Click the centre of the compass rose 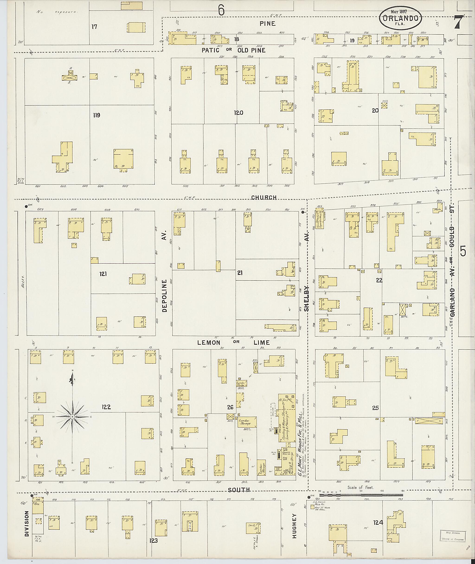[72, 417]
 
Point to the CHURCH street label [264, 197]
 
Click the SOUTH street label [239, 490]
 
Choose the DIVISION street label [27, 524]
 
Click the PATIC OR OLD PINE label [234, 50]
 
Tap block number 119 [96, 115]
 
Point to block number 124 [378, 522]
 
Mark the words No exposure [57, 12]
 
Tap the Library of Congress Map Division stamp [452, 535]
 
